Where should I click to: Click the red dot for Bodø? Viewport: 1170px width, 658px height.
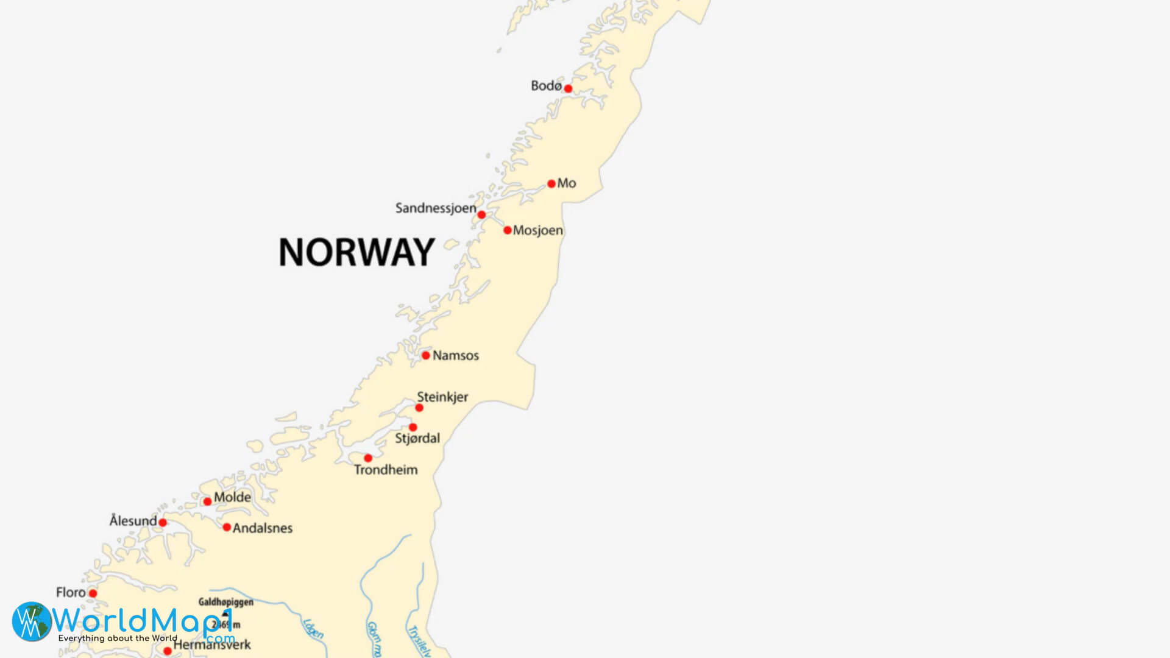568,89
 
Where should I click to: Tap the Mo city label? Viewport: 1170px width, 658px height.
567,183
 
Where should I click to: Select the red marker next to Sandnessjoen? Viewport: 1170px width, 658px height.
481,215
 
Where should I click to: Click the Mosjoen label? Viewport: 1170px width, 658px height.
537,231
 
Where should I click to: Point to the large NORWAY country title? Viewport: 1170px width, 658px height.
356,252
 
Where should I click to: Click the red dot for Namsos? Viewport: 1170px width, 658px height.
426,355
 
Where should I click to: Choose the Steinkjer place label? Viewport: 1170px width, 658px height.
442,397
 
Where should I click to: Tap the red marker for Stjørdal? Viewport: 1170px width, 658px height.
413,427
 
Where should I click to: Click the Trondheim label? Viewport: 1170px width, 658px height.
386,470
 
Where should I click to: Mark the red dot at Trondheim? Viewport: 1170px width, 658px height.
368,458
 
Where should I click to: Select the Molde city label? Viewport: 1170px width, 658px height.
232,497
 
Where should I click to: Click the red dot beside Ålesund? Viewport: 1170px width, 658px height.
163,523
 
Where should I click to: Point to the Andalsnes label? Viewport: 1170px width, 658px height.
263,528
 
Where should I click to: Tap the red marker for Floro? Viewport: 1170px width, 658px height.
93,593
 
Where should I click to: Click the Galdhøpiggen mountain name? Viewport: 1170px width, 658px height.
225,602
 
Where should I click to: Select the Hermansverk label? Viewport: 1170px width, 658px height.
212,645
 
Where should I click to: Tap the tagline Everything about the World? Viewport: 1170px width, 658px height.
118,639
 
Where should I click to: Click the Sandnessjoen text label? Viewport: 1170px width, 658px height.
436,208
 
